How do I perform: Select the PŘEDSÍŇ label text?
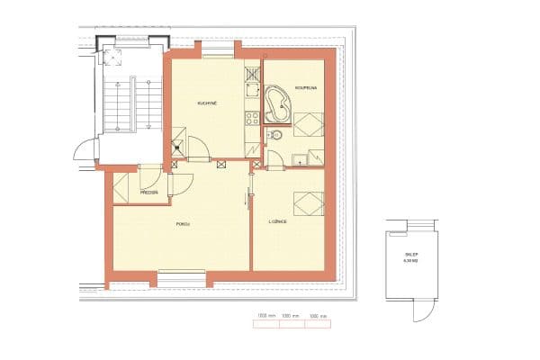coord(148,192)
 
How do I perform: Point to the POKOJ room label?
coord(183,224)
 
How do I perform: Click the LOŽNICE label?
coord(278,221)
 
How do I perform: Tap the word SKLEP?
coord(410,256)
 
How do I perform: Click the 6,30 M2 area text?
coord(410,262)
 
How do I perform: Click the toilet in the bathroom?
coord(277,136)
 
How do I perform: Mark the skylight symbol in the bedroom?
coord(309,204)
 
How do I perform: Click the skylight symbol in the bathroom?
coord(309,123)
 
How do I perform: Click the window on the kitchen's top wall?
coord(217,56)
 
